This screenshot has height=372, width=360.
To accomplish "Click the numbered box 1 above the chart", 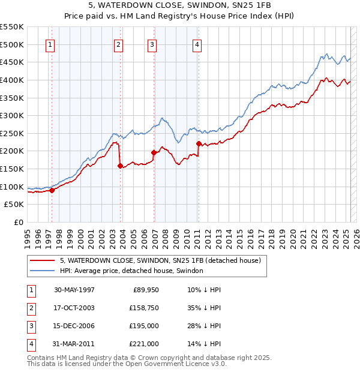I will [x=50, y=44].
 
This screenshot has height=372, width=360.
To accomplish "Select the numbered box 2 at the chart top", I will [x=119, y=44].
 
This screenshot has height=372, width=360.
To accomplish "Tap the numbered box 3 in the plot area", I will [x=152, y=44].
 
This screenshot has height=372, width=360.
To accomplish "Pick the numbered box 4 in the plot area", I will [x=197, y=44].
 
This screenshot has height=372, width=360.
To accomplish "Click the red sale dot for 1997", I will [x=52, y=190].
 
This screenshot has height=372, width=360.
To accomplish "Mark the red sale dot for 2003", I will [x=121, y=166].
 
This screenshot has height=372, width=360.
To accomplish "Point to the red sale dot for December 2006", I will [x=154, y=152].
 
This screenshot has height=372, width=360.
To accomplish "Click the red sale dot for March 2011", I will [x=199, y=143].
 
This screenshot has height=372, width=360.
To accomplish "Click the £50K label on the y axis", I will [x=14, y=205].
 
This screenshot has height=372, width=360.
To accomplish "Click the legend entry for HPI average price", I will [x=131, y=271].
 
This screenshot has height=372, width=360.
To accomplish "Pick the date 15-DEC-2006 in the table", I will [x=74, y=326].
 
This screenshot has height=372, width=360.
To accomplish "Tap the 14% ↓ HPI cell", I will [x=204, y=344].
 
